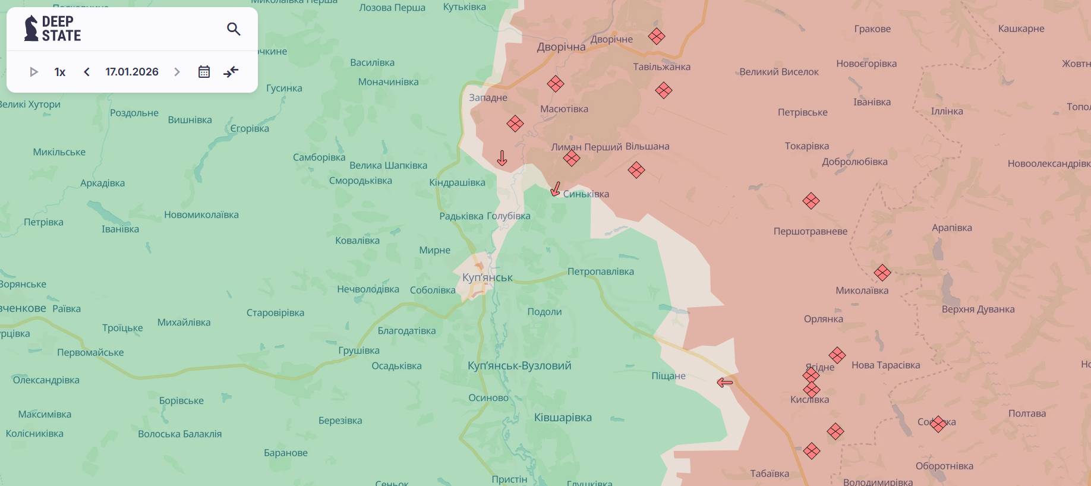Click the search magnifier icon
(234, 29)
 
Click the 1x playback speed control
(60, 72)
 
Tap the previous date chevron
(87, 72)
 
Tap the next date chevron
(176, 72)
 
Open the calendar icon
(204, 72)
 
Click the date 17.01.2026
(132, 72)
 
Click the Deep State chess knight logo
(31, 29)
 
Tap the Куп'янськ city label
(487, 277)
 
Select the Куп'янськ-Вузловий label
(519, 365)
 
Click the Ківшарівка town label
(563, 418)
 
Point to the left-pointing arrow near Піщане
(724, 383)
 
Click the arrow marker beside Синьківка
(556, 190)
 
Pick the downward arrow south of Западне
(502, 158)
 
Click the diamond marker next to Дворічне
(657, 36)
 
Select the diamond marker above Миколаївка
(882, 273)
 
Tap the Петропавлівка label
(600, 272)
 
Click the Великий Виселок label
(778, 72)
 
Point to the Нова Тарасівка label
(885, 365)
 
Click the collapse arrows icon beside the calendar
(231, 72)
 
